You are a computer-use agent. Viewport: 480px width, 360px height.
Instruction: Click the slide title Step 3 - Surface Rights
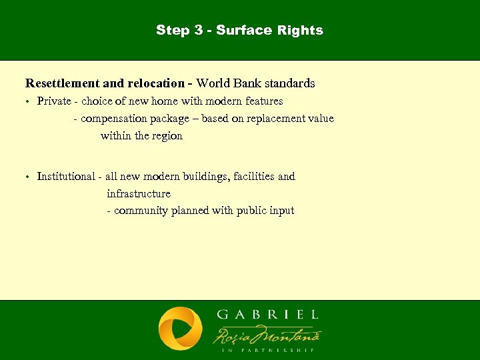[239, 30]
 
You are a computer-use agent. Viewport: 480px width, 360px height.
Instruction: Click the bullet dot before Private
[27, 102]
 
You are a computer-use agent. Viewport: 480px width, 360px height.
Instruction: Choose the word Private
[53, 101]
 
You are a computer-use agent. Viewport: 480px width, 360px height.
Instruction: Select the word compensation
[113, 119]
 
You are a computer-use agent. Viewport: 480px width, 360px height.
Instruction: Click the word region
[167, 136]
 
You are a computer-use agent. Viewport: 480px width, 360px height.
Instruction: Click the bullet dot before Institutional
[27, 177]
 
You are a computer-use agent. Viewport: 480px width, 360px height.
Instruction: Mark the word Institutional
[66, 177]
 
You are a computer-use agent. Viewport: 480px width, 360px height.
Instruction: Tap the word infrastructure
[139, 194]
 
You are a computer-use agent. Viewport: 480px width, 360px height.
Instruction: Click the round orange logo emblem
[180, 329]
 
